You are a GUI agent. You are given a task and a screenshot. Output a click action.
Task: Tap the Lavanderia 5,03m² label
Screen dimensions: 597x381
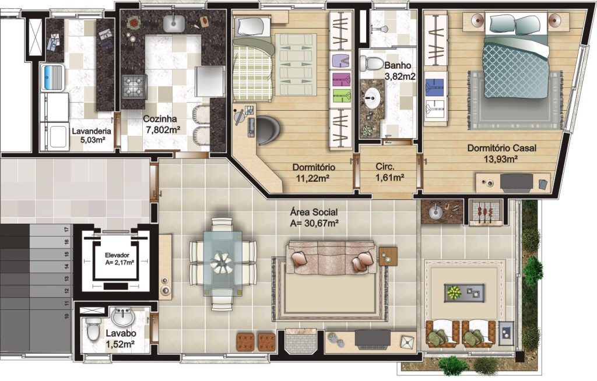pyautogui.click(x=92, y=136)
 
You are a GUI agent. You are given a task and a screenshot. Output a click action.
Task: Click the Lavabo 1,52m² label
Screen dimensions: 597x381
pyautogui.click(x=121, y=338)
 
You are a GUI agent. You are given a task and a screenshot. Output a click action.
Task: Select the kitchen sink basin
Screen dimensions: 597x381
pyautogui.click(x=174, y=24)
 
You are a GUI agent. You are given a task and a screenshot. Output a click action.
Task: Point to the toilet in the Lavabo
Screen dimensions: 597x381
pyautogui.click(x=93, y=329)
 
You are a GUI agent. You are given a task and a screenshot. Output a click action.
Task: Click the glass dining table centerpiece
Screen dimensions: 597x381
pyautogui.click(x=222, y=263)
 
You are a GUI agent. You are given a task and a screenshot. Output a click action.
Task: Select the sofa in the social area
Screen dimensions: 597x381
pyautogui.click(x=331, y=257)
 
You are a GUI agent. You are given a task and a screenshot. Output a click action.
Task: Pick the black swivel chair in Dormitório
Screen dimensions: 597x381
pyautogui.click(x=269, y=130)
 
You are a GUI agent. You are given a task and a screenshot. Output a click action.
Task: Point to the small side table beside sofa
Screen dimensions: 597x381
pyautogui.click(x=388, y=256)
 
